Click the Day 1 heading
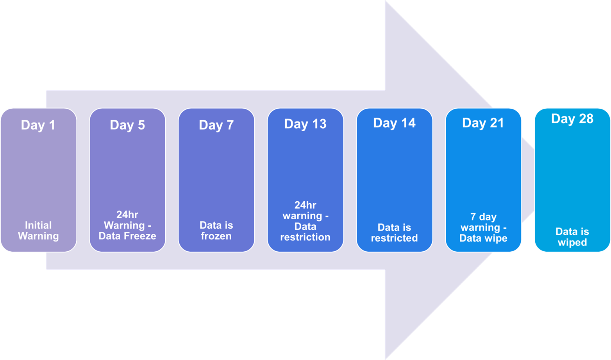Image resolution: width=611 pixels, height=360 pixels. click(38, 125)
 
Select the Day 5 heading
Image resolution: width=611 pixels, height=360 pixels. click(127, 125)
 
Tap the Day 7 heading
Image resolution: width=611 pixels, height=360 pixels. click(216, 125)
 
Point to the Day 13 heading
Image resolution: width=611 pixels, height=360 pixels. click(305, 124)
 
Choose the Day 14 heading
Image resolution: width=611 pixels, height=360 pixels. click(394, 123)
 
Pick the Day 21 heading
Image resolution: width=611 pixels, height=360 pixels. click(483, 123)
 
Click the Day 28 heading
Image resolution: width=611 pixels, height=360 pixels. click(572, 119)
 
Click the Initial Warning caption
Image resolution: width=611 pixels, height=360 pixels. click(38, 231)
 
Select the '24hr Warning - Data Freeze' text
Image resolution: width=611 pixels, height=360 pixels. click(127, 226)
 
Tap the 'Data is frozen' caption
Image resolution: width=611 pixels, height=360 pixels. click(216, 231)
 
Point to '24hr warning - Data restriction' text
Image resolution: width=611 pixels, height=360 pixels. click(305, 221)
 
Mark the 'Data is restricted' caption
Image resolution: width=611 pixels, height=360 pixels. click(394, 233)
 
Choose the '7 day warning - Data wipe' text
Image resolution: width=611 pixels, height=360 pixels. click(483, 228)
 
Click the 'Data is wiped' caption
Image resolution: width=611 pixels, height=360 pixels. click(572, 237)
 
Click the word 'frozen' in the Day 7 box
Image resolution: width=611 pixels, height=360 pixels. click(216, 236)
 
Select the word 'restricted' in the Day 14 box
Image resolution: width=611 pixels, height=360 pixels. click(394, 238)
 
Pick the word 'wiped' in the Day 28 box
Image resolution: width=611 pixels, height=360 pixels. click(572, 242)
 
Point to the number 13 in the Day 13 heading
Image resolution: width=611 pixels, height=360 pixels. click(319, 124)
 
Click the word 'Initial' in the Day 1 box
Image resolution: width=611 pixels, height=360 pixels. click(38, 225)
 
